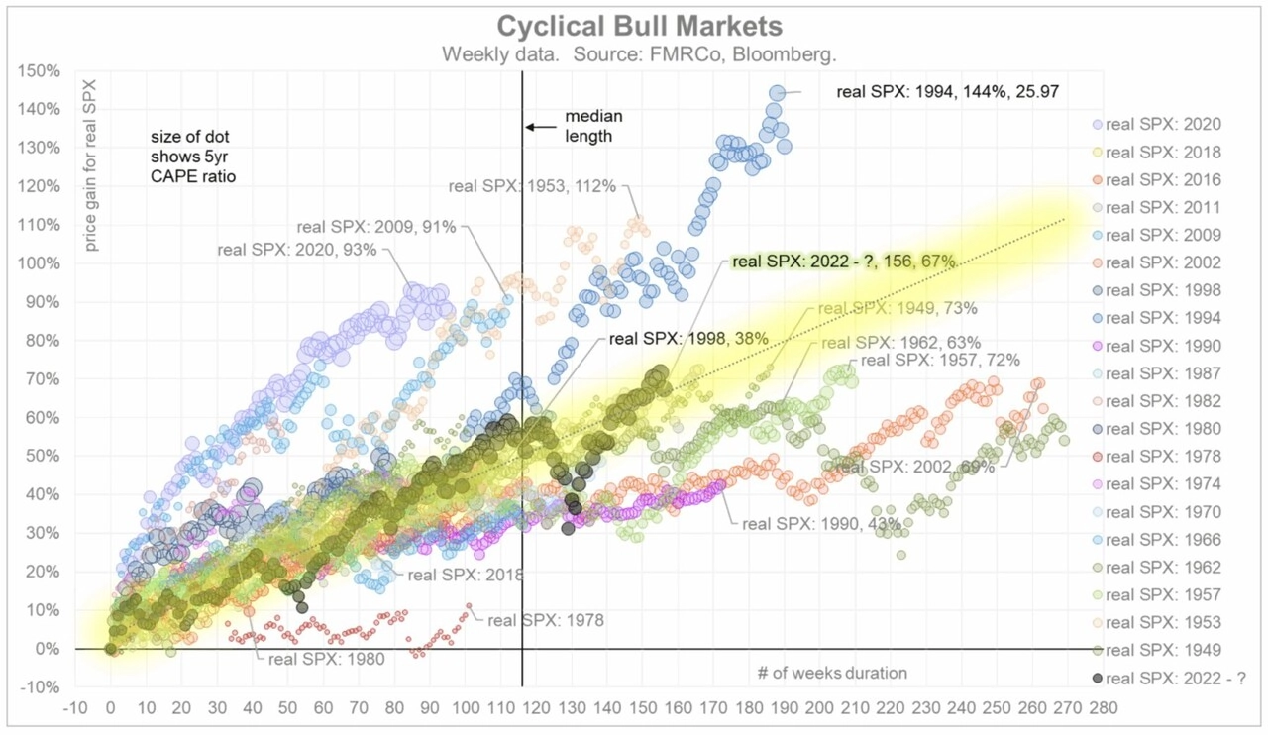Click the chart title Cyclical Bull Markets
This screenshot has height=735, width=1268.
click(x=639, y=25)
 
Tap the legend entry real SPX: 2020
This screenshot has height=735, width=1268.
click(x=1163, y=125)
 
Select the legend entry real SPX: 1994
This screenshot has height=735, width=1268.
click(x=1163, y=319)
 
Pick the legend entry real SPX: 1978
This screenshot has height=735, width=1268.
click(x=1163, y=458)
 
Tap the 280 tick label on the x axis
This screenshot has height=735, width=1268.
click(x=1102, y=709)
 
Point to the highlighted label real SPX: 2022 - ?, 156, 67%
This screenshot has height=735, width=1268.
click(x=843, y=262)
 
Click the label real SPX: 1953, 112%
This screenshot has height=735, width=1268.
click(x=532, y=185)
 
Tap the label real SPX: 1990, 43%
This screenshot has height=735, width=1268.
click(x=821, y=523)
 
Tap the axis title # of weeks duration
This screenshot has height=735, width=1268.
click(x=832, y=674)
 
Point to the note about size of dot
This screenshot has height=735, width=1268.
click(x=193, y=157)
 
